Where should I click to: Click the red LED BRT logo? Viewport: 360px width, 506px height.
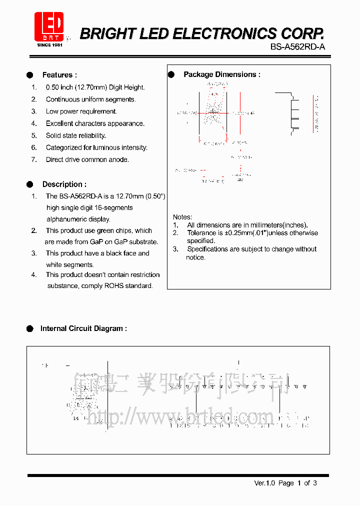click(48, 26)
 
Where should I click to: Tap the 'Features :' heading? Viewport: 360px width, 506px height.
click(59, 75)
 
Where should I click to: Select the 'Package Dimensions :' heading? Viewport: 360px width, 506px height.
click(221, 74)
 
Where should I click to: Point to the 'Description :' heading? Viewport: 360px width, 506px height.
click(64, 184)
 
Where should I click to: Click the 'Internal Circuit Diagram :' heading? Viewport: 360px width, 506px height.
click(83, 328)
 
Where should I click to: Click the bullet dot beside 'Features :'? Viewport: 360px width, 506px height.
click(30, 75)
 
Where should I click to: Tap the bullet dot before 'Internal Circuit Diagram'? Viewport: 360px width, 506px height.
click(30, 328)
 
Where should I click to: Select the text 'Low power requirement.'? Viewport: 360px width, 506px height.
click(81, 111)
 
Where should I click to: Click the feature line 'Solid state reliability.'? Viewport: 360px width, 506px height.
click(76, 135)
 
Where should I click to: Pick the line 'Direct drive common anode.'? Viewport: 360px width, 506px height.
click(87, 159)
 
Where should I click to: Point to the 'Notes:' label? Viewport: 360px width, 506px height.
click(182, 217)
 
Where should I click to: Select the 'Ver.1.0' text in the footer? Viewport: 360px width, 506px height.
click(264, 483)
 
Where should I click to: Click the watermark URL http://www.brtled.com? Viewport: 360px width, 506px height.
click(180, 416)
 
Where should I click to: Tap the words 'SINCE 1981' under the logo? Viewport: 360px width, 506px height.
click(50, 45)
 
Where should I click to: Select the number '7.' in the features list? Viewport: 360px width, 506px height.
click(34, 159)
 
